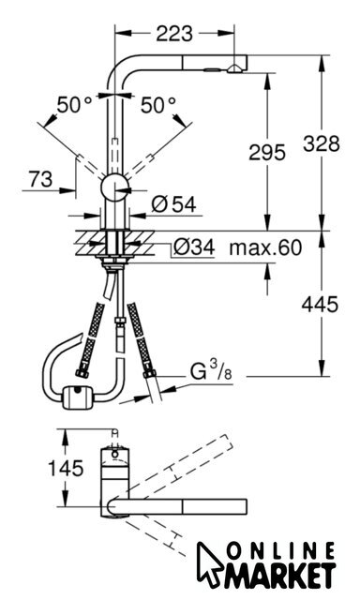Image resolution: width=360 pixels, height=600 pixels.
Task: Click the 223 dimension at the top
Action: click(174, 34)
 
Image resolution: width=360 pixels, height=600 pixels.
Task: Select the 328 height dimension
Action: click(322, 143)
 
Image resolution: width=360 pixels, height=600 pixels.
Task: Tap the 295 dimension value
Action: click(267, 152)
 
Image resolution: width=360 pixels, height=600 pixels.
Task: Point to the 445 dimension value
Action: click(320, 305)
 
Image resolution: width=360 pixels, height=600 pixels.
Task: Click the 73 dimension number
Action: click(41, 179)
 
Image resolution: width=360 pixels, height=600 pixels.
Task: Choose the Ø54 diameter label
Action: click(173, 204)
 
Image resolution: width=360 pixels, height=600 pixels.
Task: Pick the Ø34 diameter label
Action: click(194, 247)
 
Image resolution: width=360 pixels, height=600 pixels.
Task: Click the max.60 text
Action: click(265, 247)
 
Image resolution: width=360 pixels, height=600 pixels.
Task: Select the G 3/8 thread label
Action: click(211, 370)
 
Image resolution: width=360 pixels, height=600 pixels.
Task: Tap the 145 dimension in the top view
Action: click(66, 468)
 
